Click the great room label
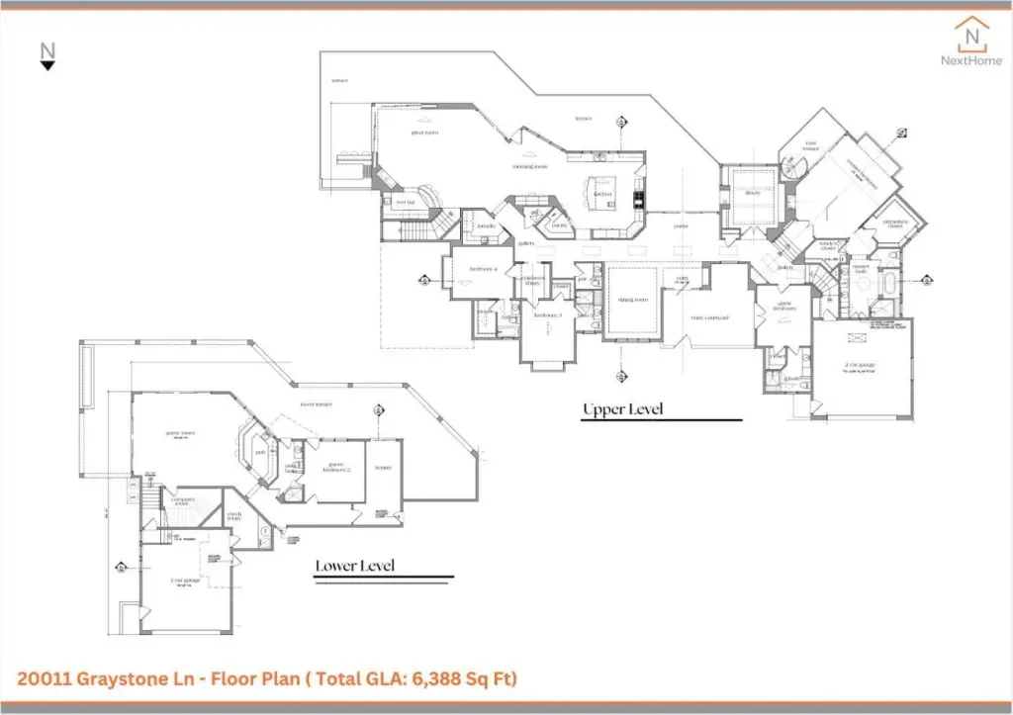tap(424, 133)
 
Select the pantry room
tap(559, 224)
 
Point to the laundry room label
tap(486, 226)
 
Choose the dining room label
tap(632, 300)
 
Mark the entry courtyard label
tap(709, 317)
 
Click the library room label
tap(752, 193)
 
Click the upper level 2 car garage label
tap(861, 365)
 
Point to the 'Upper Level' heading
tap(622, 409)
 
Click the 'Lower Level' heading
tap(355, 566)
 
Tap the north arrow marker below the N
tap(47, 65)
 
